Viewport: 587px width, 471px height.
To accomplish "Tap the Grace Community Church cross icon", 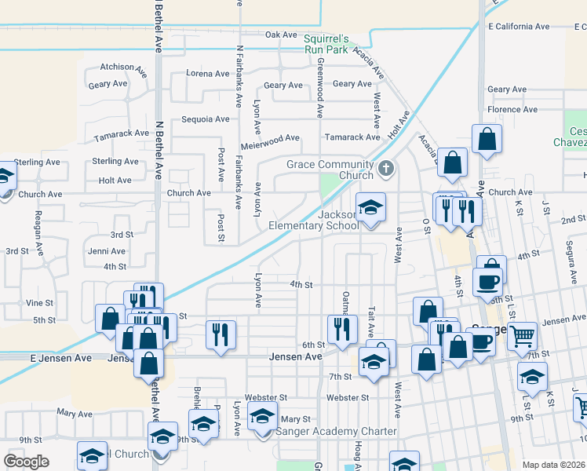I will click(x=385, y=168).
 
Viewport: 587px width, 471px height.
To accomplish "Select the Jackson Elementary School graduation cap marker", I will click(x=371, y=208).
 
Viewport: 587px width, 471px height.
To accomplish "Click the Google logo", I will click(x=26, y=462).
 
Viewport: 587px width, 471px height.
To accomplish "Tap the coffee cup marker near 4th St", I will click(x=487, y=283).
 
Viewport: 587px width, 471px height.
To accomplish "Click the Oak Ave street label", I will click(x=281, y=35).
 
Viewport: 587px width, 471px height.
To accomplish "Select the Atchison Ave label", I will click(x=124, y=68).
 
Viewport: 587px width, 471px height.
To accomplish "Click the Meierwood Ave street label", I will click(x=271, y=138).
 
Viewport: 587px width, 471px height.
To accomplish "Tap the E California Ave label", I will click(x=518, y=26).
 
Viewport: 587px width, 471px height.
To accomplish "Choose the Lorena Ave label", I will click(x=208, y=74).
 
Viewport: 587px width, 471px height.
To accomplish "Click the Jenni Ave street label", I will click(x=107, y=251).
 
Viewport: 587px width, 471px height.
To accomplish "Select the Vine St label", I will click(x=39, y=302).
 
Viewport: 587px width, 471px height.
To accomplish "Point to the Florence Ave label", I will click(x=512, y=109).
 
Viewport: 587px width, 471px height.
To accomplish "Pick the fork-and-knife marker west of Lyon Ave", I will click(x=221, y=334).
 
